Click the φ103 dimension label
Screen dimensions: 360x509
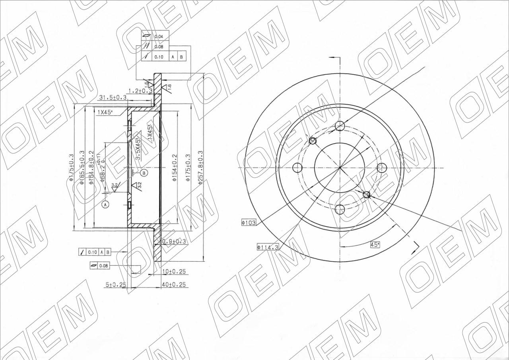(x=249, y=223)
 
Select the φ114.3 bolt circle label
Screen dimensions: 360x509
(x=268, y=247)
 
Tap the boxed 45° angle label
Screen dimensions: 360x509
(x=375, y=245)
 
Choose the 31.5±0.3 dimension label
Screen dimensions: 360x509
(x=113, y=97)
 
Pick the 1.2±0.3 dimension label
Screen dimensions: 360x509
(x=140, y=91)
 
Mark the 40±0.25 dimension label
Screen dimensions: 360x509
(x=175, y=285)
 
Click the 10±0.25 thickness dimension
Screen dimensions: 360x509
(x=175, y=272)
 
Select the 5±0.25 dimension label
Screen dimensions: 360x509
(x=115, y=285)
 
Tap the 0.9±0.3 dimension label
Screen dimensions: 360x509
(x=174, y=241)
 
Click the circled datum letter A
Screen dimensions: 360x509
(x=105, y=204)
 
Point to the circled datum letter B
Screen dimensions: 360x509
(x=144, y=173)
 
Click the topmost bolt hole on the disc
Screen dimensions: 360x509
(x=340, y=126)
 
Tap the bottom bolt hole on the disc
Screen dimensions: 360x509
(x=340, y=209)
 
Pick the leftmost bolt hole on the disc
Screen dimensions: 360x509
(x=297, y=167)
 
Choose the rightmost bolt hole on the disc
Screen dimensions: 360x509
(x=382, y=167)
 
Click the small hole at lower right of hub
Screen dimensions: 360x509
(x=367, y=194)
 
